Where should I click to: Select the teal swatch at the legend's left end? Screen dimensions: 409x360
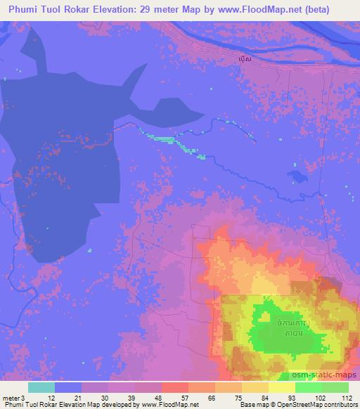coord(41,387)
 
